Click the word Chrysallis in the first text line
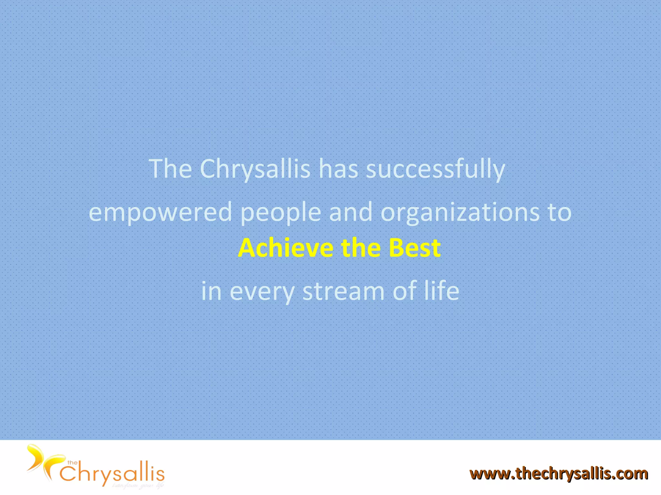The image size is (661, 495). (255, 169)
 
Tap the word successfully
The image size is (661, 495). (435, 169)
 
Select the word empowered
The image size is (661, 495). (160, 212)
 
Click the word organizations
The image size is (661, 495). (460, 212)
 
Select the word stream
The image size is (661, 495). (343, 291)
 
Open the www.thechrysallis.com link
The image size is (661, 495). (559, 474)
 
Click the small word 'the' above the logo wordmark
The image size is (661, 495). (72, 463)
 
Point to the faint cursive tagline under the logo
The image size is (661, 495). (138, 486)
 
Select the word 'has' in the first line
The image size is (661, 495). (338, 169)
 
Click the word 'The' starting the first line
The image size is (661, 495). (170, 169)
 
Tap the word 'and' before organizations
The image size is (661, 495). (351, 212)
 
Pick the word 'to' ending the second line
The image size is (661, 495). (560, 212)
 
